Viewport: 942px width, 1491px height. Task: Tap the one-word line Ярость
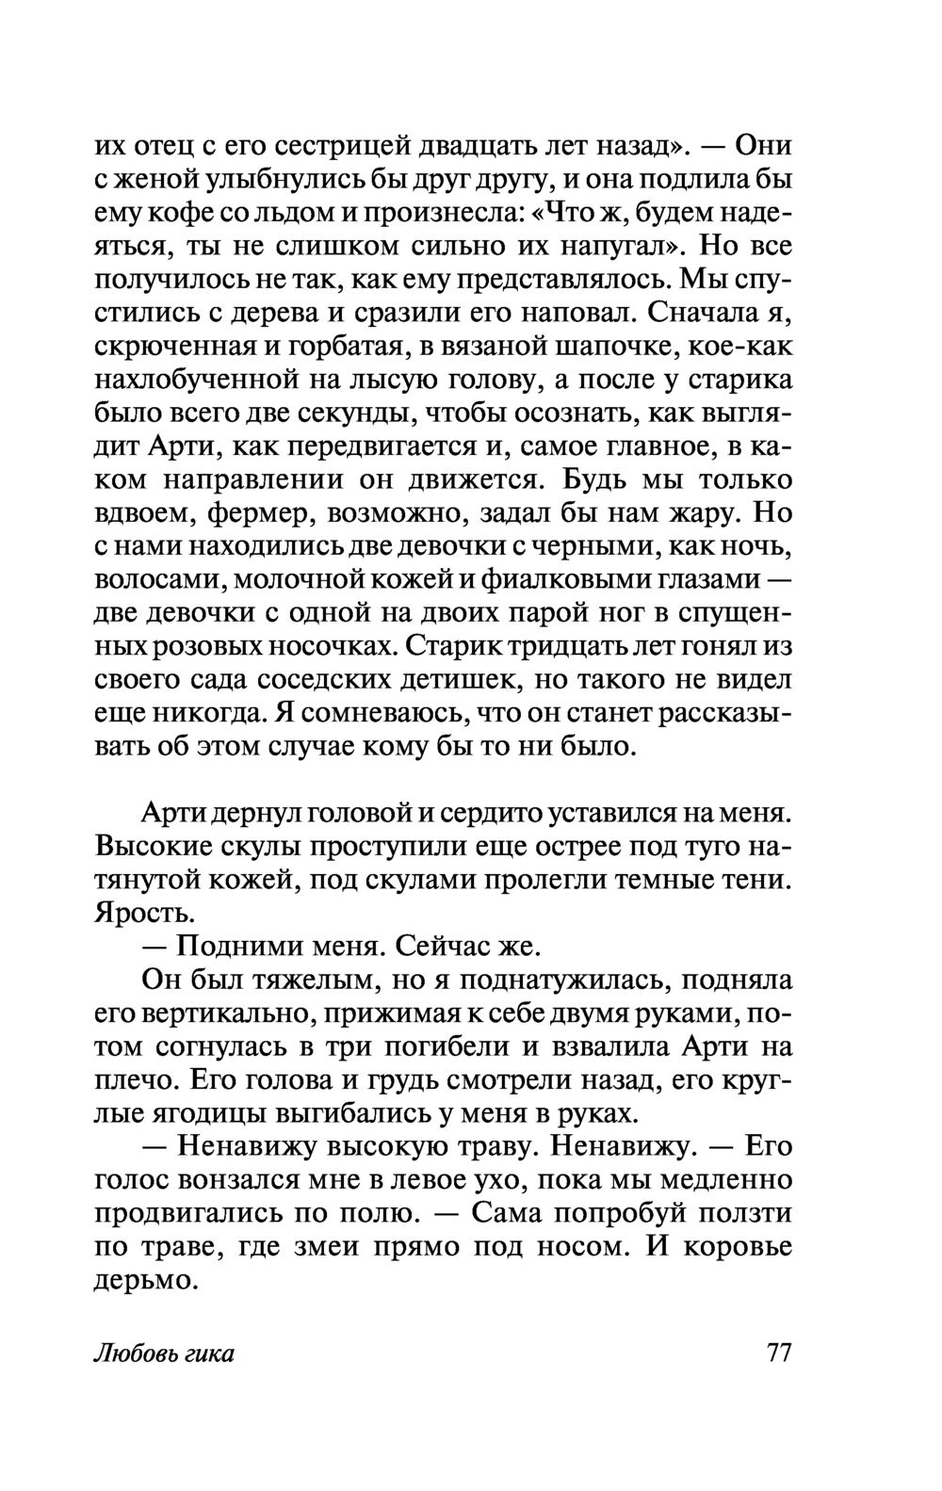[134, 913]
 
